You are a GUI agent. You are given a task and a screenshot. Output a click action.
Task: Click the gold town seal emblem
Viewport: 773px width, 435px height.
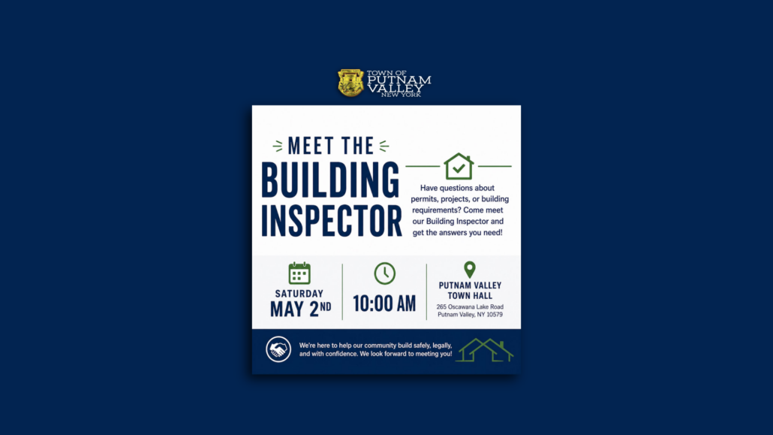click(350, 83)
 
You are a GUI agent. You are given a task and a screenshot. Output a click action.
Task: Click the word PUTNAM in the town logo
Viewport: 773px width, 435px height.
click(399, 80)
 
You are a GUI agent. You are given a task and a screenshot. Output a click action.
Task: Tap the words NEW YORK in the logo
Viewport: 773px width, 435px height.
click(402, 95)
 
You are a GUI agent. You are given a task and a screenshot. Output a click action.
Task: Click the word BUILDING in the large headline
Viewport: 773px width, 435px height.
click(330, 180)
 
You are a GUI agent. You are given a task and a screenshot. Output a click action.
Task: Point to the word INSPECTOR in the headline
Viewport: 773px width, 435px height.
click(331, 221)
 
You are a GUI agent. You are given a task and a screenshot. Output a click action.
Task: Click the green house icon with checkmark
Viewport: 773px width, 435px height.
click(459, 166)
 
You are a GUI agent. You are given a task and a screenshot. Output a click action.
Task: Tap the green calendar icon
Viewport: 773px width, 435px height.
click(299, 273)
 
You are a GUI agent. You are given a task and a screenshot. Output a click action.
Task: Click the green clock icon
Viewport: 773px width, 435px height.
click(384, 273)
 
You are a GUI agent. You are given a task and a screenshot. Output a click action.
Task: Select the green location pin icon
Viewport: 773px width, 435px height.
click(470, 270)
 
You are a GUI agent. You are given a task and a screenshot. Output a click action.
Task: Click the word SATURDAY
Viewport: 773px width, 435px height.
click(299, 294)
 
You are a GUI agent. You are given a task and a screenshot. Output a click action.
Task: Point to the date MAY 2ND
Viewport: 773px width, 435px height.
click(301, 309)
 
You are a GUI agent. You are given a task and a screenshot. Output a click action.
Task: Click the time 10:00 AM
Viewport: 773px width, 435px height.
click(384, 304)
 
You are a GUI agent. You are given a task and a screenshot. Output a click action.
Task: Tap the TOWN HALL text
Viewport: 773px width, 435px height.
click(470, 296)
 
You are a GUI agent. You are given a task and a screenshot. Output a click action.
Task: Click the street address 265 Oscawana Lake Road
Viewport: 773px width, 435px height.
click(470, 307)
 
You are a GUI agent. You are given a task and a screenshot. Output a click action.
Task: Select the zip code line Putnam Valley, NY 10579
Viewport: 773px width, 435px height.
click(470, 315)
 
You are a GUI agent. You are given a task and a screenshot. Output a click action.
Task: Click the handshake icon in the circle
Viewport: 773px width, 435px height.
click(278, 349)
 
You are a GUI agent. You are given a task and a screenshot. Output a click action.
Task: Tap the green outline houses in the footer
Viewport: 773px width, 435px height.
click(485, 350)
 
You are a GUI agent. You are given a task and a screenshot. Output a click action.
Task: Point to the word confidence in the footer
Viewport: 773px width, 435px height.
click(342, 354)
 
